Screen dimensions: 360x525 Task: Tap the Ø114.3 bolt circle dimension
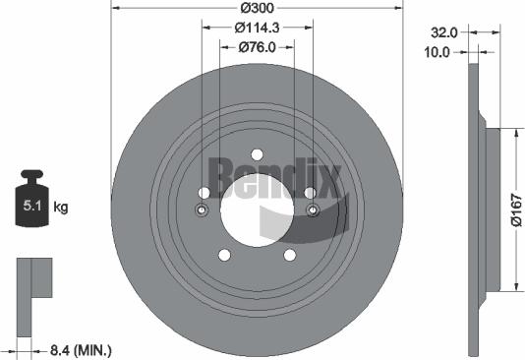[257, 29]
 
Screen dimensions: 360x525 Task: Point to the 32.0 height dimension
[444, 31]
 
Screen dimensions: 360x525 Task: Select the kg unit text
[60, 207]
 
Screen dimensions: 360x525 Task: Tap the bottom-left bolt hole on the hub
[223, 255]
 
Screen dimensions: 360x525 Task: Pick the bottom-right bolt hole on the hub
[291, 255]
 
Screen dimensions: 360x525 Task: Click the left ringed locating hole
[202, 210]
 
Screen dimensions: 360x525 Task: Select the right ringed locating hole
[313, 210]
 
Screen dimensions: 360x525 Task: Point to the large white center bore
[257, 210]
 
